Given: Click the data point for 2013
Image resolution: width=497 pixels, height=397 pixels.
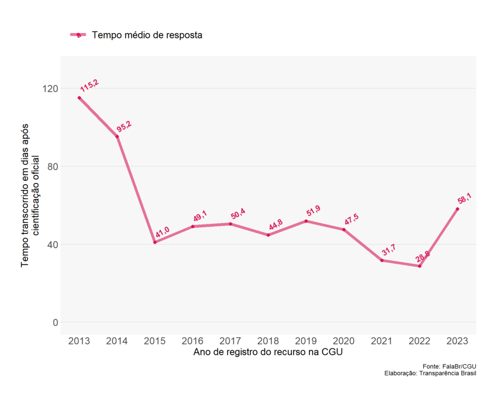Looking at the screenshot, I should (79, 98).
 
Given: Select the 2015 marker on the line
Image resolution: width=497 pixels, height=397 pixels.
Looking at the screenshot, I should (155, 242).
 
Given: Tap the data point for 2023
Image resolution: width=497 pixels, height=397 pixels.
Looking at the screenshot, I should (457, 209).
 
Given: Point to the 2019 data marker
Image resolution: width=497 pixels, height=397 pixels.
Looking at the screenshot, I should (306, 221).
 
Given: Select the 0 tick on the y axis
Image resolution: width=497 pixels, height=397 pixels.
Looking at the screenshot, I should (55, 322).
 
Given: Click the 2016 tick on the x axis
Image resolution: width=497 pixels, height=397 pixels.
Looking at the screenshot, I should (193, 341).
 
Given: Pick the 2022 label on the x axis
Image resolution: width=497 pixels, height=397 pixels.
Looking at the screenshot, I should (419, 341).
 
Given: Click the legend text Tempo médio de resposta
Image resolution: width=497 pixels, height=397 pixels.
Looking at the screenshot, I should (147, 35).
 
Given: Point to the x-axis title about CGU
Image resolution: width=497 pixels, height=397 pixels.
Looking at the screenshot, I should (268, 352).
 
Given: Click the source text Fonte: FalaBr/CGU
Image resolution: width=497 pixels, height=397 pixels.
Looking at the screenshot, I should (449, 366).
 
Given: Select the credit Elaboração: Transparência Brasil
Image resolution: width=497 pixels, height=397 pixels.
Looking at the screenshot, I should (430, 373).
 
